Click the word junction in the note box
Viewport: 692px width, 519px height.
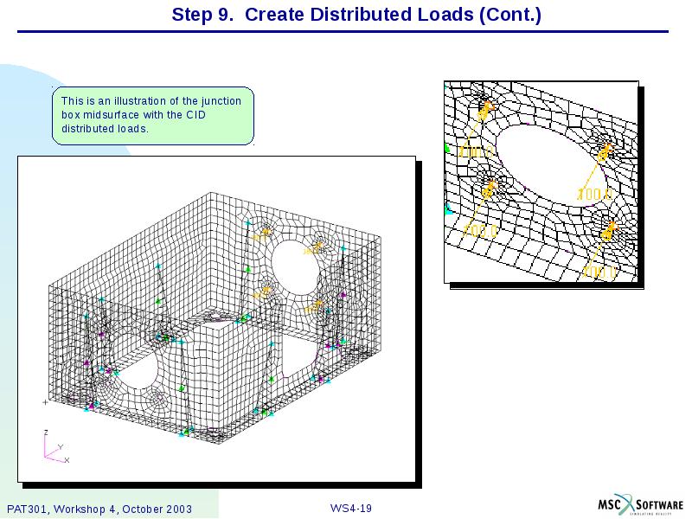pos(222,101)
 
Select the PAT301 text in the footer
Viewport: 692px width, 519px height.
pos(27,509)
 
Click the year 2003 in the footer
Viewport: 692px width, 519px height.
pos(176,509)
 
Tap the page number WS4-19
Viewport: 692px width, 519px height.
pos(350,508)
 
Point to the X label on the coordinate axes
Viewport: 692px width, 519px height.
pos(67,460)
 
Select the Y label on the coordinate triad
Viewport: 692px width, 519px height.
pos(60,446)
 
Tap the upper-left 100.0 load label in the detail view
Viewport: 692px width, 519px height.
pos(477,152)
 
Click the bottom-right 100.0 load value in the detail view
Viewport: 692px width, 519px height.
pos(599,272)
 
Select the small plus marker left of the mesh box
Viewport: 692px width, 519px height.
pos(45,402)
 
